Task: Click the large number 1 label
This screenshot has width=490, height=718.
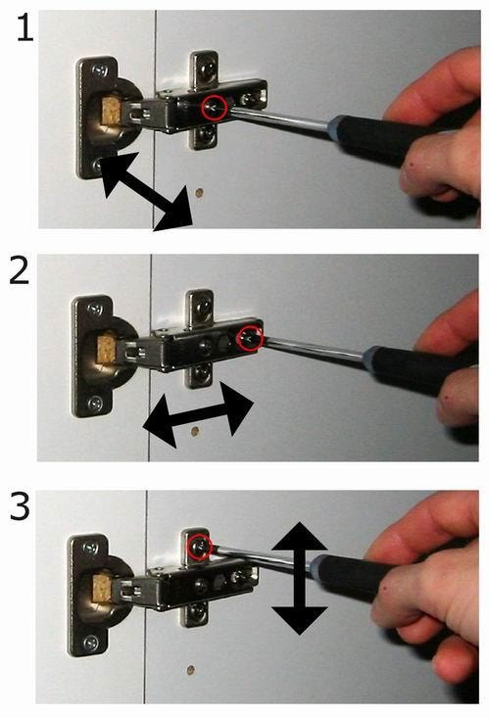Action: pos(25,27)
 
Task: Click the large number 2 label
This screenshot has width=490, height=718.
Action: pos(20,270)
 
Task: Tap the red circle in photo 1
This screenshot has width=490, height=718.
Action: pos(214,108)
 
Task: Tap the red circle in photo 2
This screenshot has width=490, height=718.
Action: pos(250,338)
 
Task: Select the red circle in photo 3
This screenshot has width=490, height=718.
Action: pos(200,548)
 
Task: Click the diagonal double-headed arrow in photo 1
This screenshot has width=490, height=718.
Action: pos(147,191)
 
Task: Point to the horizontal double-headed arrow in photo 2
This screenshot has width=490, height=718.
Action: pos(198,415)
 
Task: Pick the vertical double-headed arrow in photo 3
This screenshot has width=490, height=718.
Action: pos(300,578)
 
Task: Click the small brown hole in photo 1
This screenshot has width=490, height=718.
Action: pos(199,193)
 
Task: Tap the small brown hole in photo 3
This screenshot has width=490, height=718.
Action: pos(190,670)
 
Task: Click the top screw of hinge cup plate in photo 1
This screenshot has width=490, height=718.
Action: pos(99,71)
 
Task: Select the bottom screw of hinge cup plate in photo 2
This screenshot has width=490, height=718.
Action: pos(95,404)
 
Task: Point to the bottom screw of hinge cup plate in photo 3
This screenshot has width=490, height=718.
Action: pos(91,643)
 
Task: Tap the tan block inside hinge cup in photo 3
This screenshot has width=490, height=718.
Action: pos(102,589)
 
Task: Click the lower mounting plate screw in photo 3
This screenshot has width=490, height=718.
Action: pos(196,610)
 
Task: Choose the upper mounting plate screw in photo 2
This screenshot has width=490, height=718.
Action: pos(203,303)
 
